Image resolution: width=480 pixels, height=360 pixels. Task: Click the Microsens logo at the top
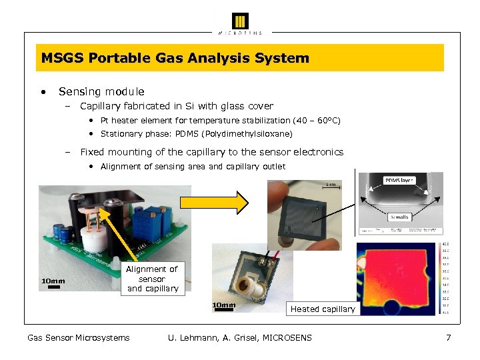click(240, 22)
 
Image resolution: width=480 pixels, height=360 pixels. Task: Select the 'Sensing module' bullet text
click(101, 92)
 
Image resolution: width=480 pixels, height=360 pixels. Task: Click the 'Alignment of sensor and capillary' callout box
click(153, 279)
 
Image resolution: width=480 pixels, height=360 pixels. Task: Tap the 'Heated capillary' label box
click(323, 309)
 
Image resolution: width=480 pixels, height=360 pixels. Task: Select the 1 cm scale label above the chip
click(331, 185)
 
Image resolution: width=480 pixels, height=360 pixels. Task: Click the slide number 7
click(449, 338)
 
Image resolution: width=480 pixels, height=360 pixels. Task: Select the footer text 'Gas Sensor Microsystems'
click(79, 338)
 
